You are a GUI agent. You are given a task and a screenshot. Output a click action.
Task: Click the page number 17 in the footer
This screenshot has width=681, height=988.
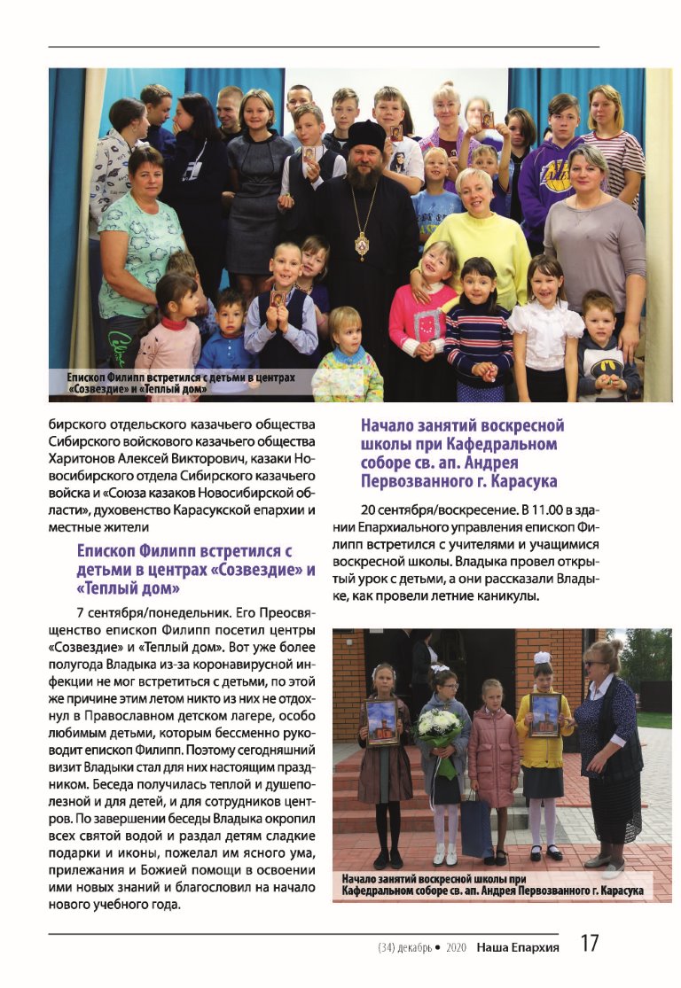pos(591,945)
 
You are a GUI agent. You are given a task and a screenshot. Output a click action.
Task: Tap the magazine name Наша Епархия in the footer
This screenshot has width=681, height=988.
pos(517,947)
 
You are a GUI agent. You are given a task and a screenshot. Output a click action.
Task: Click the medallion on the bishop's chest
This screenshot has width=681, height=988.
pos(362,244)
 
